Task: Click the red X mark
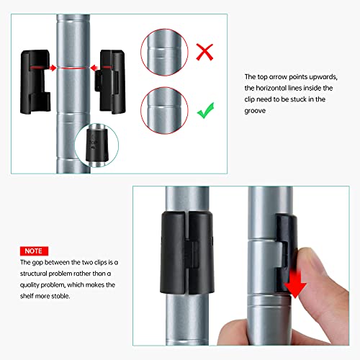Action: coord(204,52)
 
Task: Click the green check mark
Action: coord(206,111)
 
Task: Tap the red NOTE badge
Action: coord(34,251)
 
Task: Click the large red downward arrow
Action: coord(295,283)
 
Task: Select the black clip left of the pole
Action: coord(35,81)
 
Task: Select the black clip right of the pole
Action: coord(110,81)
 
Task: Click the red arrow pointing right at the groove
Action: coord(53,68)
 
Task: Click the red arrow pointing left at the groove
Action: coord(94,68)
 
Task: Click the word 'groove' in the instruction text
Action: coord(255,111)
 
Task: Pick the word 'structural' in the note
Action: coord(34,274)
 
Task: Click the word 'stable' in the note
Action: coord(62,296)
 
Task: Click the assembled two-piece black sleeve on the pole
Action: coord(187,253)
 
